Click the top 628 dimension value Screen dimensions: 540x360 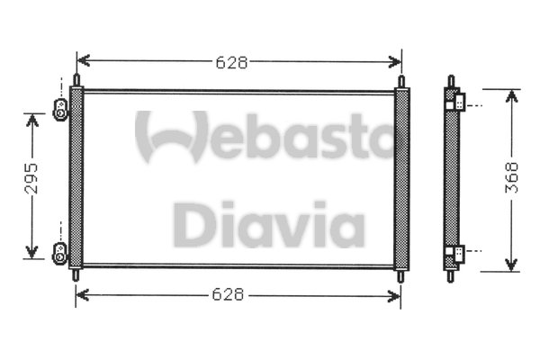[x=231, y=62]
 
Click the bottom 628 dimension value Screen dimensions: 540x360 [x=228, y=294]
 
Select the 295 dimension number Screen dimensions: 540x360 [x=31, y=178]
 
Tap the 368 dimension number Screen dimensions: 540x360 [x=511, y=177]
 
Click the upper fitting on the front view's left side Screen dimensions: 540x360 [x=60, y=110]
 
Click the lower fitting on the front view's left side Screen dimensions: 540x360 [x=59, y=254]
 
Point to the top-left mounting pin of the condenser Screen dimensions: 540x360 [x=76, y=80]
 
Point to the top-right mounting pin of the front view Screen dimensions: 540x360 [x=401, y=82]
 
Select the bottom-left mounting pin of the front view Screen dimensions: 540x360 [x=76, y=274]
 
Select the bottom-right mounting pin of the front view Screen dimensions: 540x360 [x=400, y=276]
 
